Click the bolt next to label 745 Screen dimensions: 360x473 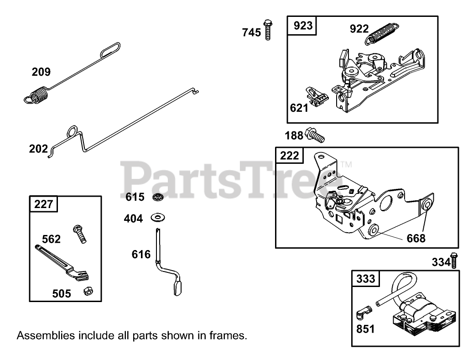[x=268, y=29]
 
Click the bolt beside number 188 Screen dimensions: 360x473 [x=315, y=134]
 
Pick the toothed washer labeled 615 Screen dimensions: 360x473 [x=158, y=197]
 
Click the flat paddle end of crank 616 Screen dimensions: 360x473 [x=177, y=287]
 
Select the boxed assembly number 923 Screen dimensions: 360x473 [x=303, y=26]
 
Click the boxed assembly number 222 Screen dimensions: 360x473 [x=289, y=156]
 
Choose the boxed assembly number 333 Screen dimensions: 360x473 [x=365, y=278]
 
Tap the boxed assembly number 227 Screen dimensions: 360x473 [x=44, y=204]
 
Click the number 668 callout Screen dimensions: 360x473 [x=416, y=238]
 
